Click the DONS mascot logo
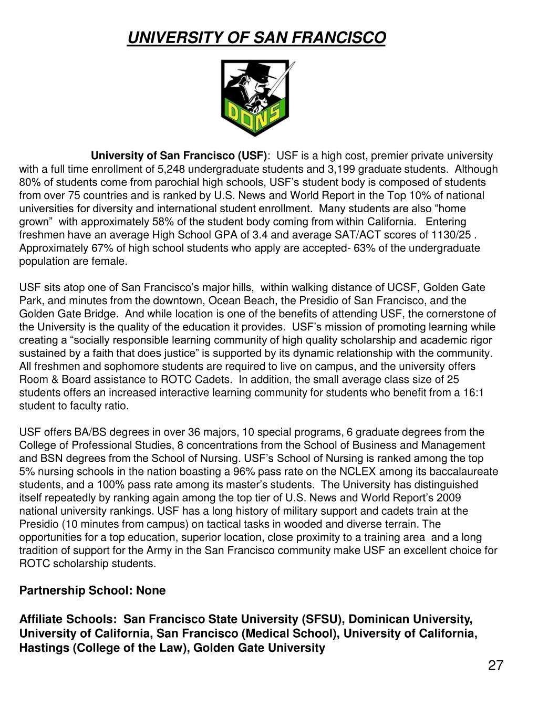256,98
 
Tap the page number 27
495,666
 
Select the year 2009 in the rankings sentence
451,497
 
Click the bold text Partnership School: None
92,590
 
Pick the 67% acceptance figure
85,248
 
